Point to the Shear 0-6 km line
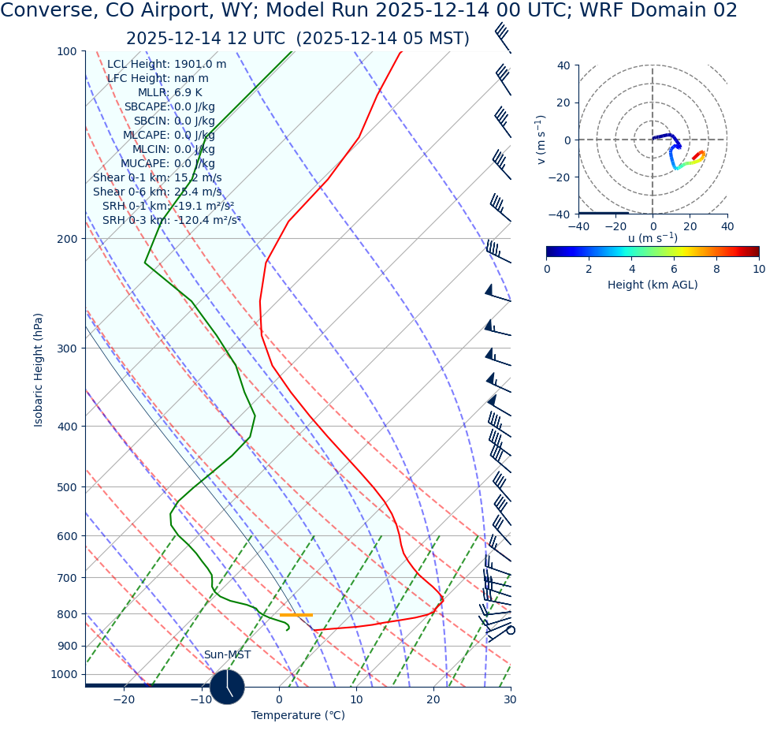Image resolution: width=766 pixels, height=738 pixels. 157,192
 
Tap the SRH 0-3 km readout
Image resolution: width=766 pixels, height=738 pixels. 171,221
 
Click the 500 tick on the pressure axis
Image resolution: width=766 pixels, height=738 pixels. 66,487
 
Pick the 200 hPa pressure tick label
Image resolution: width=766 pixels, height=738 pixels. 66,239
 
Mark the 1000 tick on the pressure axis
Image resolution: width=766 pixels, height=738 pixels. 63,675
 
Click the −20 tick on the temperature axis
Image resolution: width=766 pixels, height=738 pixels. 123,700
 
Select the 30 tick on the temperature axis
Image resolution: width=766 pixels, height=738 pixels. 510,700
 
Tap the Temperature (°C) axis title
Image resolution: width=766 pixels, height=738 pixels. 298,716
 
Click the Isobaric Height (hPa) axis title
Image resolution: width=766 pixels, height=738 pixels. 39,370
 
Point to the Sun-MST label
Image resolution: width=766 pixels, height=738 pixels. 227,655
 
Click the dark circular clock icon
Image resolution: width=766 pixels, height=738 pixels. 227,686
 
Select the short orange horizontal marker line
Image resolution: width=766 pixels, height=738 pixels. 296,615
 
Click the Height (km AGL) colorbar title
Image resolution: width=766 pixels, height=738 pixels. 653,285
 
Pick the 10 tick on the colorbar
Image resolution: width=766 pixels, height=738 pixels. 758,270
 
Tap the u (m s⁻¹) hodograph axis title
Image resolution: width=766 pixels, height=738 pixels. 653,239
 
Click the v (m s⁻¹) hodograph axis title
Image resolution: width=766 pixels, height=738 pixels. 541,140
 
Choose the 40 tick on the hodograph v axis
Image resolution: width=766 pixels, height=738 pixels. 563,65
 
